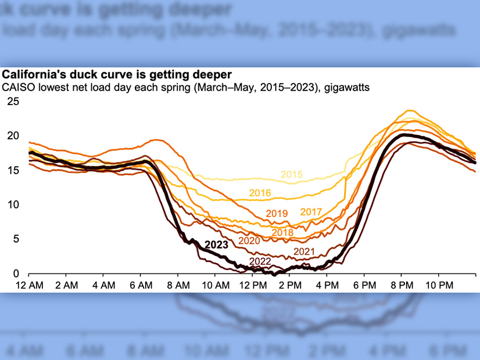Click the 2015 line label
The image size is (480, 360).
[291, 174]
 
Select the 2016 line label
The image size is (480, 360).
[260, 193]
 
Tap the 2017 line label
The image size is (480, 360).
[311, 211]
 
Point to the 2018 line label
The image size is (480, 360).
[282, 232]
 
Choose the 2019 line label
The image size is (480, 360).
[277, 214]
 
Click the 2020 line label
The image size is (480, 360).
[249, 240]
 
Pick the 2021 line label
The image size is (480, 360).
[304, 251]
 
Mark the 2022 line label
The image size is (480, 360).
[260, 261]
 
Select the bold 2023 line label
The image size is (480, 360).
[217, 245]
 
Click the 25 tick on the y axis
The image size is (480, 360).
[13, 102]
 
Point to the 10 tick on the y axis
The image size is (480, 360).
[13, 204]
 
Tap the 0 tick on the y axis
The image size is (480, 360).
[16, 273]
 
